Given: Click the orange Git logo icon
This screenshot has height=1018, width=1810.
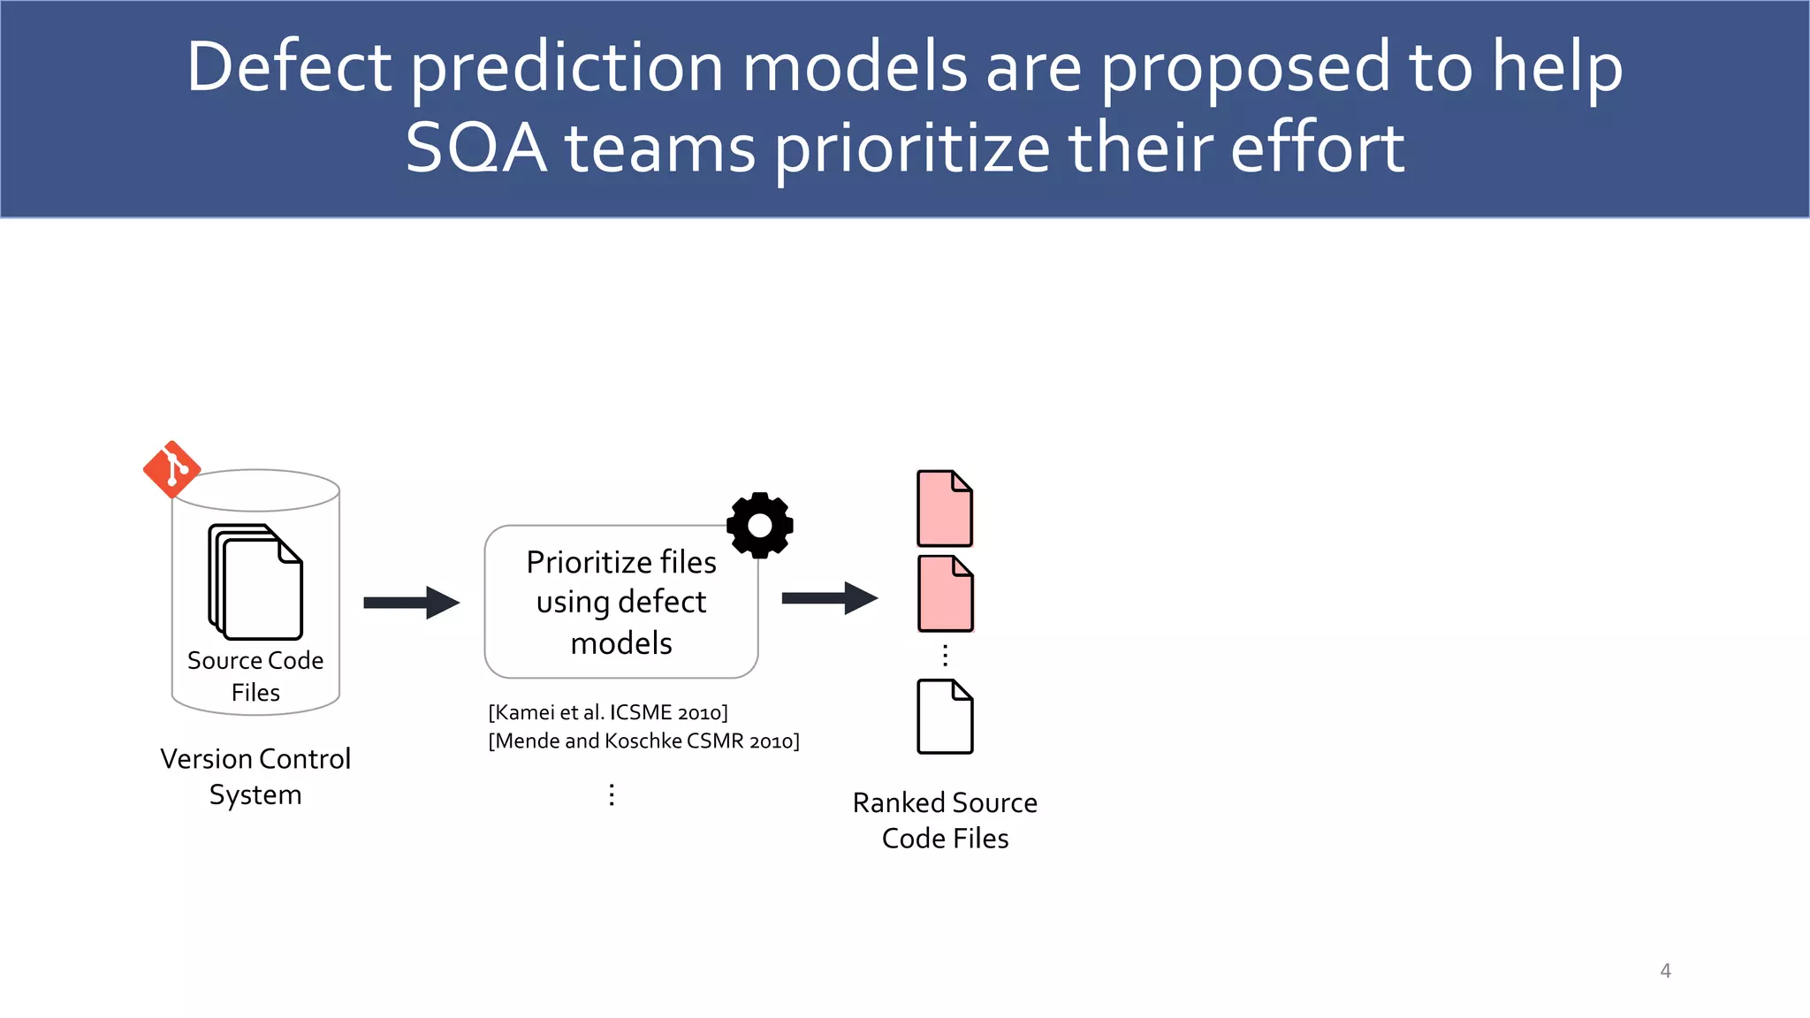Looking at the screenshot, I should coord(171,469).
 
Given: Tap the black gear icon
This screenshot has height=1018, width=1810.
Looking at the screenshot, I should coord(760,525).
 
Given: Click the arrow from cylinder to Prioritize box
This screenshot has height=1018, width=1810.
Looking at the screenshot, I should coord(411,603).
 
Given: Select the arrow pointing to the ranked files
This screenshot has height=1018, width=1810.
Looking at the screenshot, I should coord(829,598).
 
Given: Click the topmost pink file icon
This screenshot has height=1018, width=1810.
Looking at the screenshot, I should coord(945,508).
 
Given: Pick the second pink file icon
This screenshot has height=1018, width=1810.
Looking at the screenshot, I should coord(945,594).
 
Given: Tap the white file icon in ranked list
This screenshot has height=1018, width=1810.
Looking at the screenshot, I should coord(945,717).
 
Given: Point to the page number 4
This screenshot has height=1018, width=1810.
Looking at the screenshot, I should coord(1665,970).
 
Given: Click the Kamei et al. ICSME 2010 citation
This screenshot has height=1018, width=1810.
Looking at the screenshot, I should coord(608,712).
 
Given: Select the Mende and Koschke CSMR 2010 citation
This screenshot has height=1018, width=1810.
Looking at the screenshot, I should coord(643,741).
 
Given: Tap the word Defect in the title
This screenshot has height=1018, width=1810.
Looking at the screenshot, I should coord(289,67).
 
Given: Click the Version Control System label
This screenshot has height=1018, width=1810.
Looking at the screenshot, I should coord(255,776).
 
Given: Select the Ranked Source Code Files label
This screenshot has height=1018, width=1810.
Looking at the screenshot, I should coord(945,820).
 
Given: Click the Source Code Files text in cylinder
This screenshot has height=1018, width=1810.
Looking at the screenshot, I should coord(255,676).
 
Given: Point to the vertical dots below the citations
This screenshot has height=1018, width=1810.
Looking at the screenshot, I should coord(612,794).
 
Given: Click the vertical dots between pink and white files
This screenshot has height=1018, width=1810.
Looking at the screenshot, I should coord(945,655).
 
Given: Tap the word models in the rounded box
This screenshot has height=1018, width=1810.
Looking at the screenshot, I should coord(621,643).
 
